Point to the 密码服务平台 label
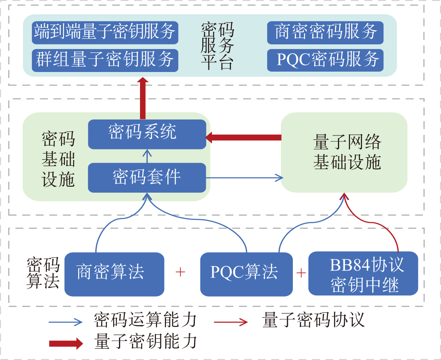coord(217,46)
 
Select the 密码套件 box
coord(147,177)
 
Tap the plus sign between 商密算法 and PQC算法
coord(180,272)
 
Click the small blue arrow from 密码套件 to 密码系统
coord(147,156)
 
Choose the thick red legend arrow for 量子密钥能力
coord(66,343)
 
